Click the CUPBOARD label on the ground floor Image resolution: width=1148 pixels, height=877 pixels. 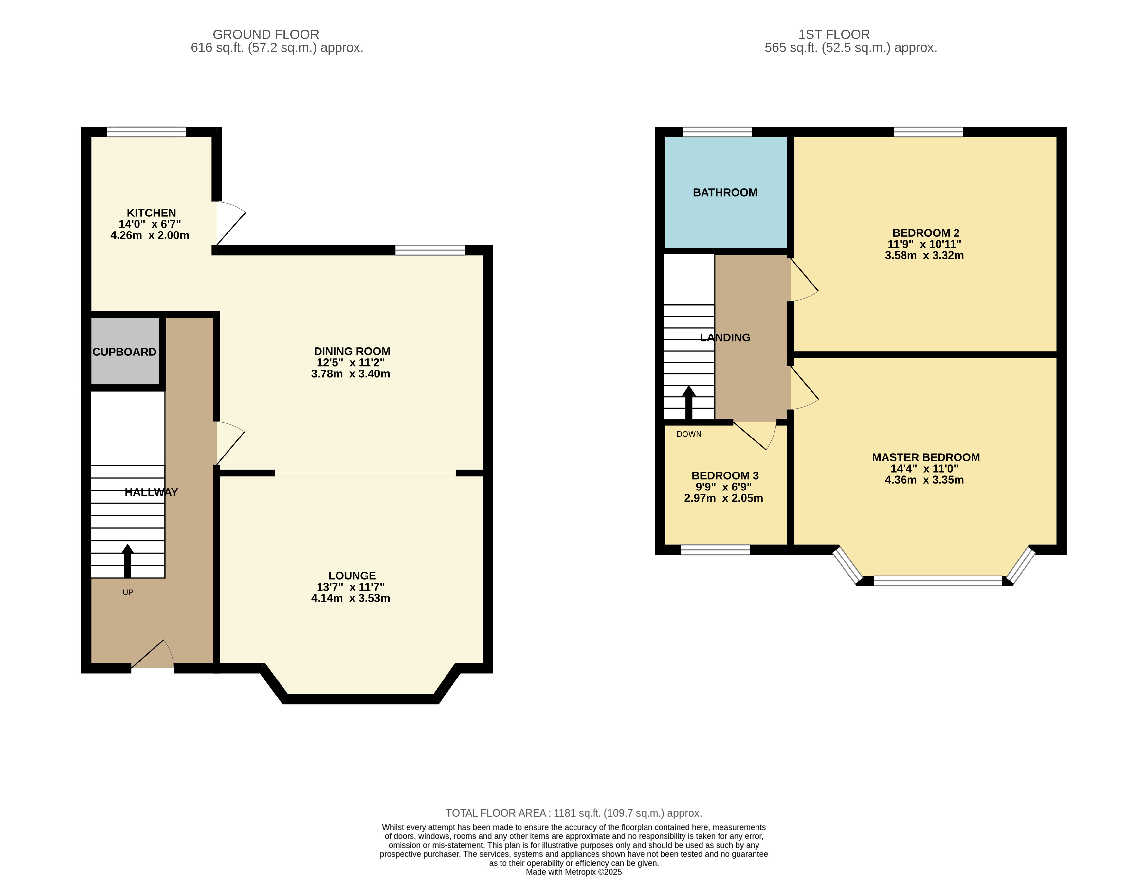pyautogui.click(x=124, y=352)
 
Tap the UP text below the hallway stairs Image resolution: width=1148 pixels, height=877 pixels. pyautogui.click(x=127, y=592)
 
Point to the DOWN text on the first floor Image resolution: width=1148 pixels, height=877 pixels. pyautogui.click(x=689, y=434)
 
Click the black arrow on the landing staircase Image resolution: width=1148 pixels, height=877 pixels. pyautogui.click(x=689, y=402)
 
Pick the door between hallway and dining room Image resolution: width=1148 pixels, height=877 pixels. pyautogui.click(x=230, y=443)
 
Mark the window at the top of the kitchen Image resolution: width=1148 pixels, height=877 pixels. pyautogui.click(x=146, y=131)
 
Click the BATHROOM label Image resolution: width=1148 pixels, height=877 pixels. pyautogui.click(x=725, y=193)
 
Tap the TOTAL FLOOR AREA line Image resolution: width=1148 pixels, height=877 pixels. pyautogui.click(x=573, y=813)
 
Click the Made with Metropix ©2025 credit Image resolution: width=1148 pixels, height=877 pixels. pyautogui.click(x=573, y=872)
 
